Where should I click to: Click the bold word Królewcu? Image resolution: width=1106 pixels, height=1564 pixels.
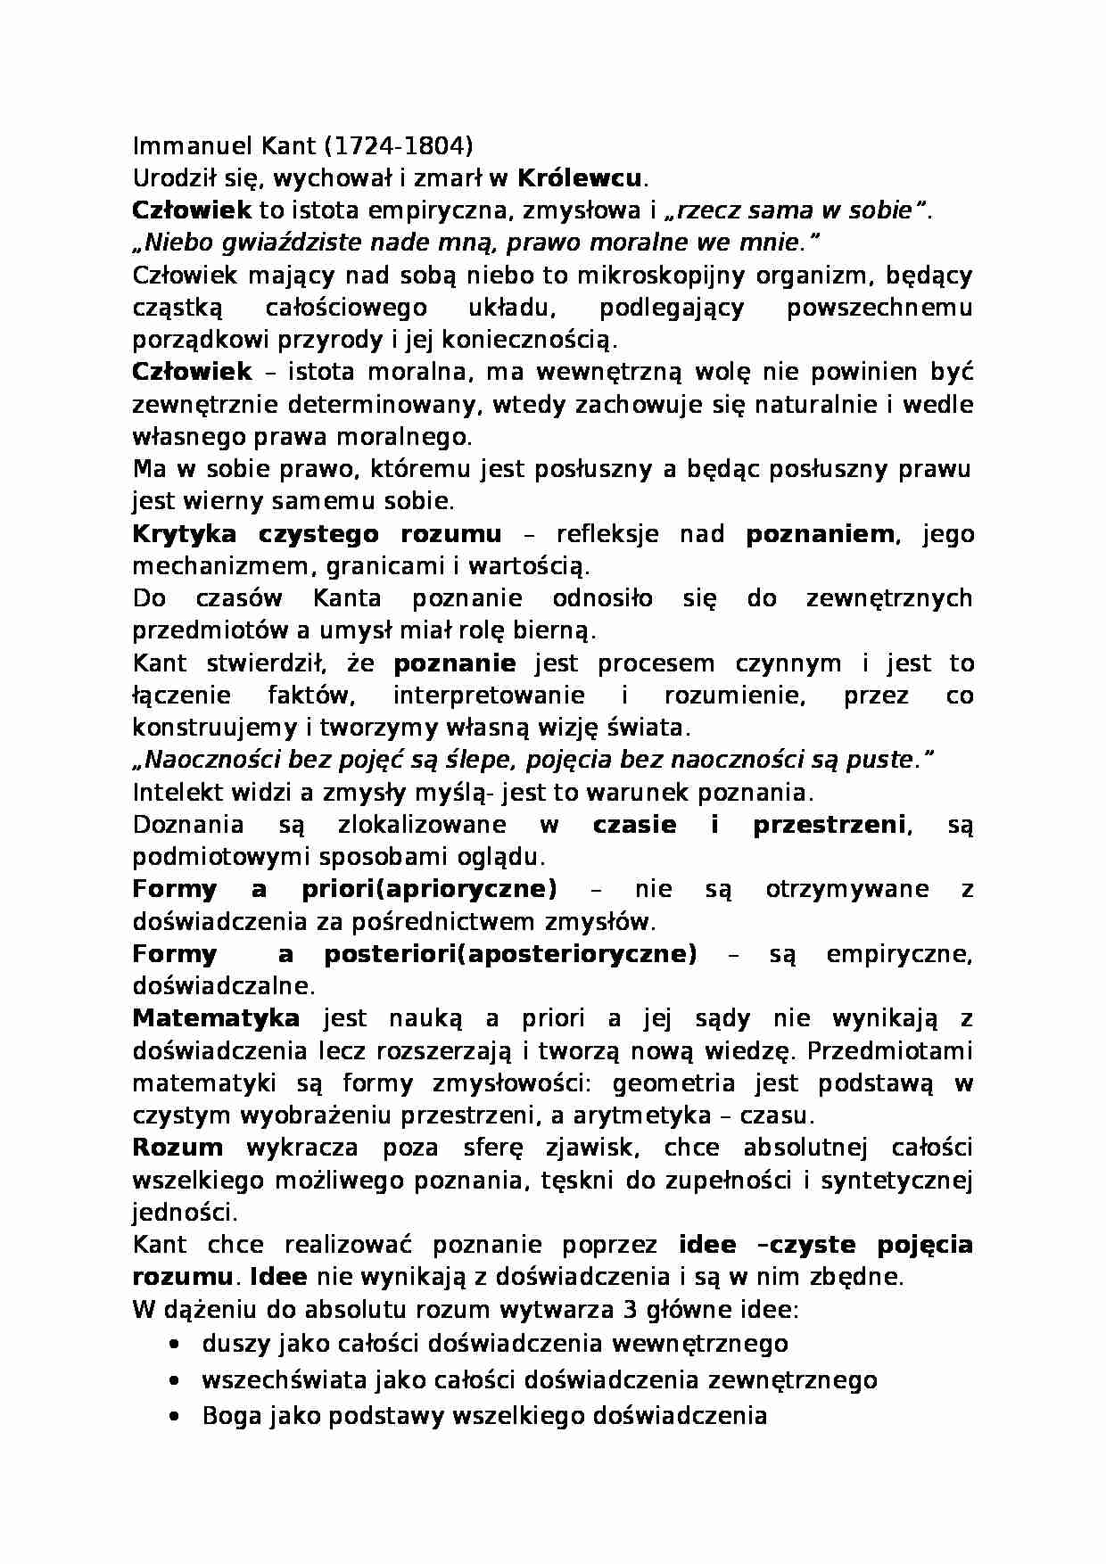(x=579, y=177)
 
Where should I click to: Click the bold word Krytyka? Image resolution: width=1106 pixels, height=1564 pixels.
(x=185, y=534)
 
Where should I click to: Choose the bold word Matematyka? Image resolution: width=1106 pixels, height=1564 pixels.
(x=216, y=1018)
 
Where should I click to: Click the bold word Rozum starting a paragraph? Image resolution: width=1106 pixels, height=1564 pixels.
(x=177, y=1148)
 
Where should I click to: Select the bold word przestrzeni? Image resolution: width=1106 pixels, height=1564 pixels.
(x=829, y=825)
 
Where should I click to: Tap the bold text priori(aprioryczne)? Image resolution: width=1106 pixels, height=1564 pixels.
(x=429, y=889)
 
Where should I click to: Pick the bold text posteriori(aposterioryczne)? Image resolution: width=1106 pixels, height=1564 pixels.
(x=509, y=954)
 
